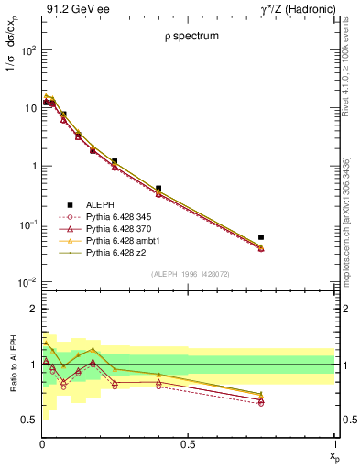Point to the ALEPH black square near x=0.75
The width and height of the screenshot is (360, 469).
click(x=262, y=237)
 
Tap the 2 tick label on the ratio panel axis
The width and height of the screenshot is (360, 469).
click(x=32, y=309)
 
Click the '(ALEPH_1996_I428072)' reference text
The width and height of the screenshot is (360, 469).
click(x=188, y=275)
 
